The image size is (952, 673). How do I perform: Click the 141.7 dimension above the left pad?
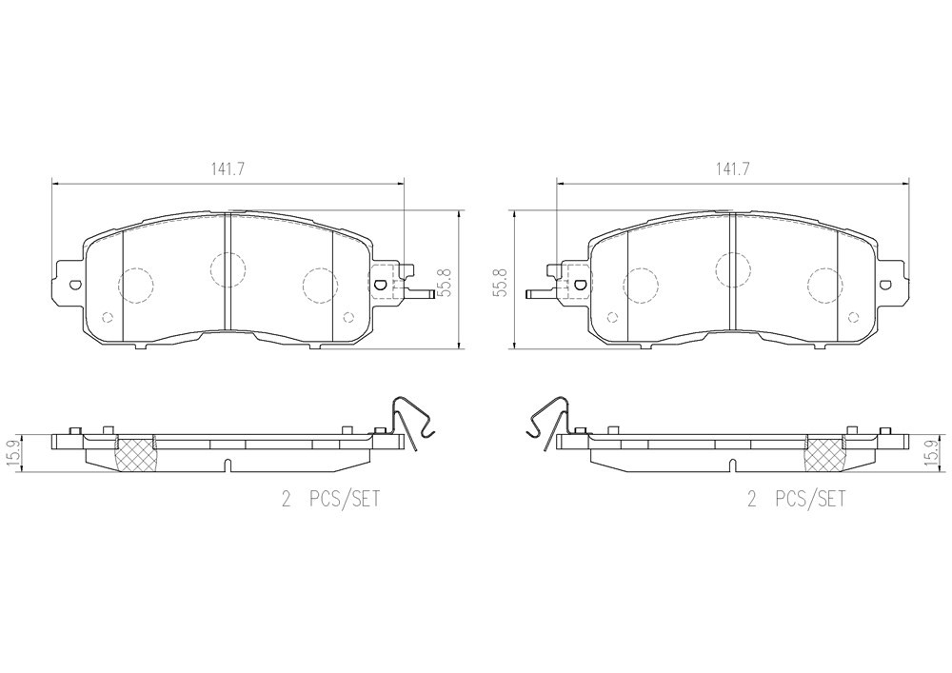(228, 169)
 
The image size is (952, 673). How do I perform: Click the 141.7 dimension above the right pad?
(732, 169)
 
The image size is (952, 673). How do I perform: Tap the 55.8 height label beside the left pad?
(448, 282)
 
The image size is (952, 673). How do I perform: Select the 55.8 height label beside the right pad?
(502, 282)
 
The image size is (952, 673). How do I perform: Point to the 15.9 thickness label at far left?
(12, 454)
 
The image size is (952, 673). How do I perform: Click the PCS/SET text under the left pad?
(345, 500)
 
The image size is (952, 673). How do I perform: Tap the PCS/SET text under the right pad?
(810, 500)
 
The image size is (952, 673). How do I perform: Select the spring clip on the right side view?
(547, 423)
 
